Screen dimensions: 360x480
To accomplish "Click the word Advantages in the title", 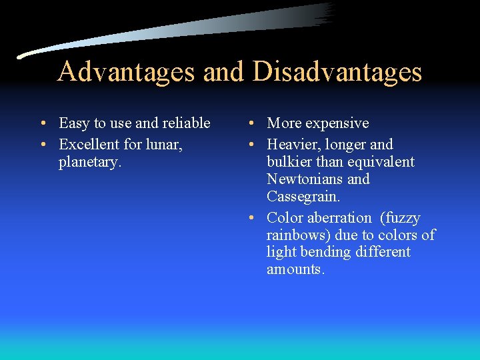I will [126, 72].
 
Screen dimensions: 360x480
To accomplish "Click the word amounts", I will [295, 270].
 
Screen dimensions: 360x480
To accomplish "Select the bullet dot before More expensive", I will [249, 124].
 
